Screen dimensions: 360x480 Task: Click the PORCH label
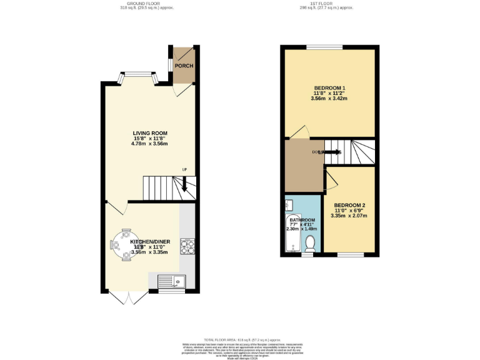(x=184, y=66)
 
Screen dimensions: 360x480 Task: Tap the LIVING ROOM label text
(x=150, y=133)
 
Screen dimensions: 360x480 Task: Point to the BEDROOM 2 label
(x=349, y=206)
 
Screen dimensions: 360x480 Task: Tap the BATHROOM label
(x=301, y=221)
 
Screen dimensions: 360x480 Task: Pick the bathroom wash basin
(x=289, y=205)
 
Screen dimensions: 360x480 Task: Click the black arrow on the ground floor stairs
(x=186, y=185)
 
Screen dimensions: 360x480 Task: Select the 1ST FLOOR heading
(x=326, y=4)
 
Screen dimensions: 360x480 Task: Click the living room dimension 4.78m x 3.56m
(x=150, y=144)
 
